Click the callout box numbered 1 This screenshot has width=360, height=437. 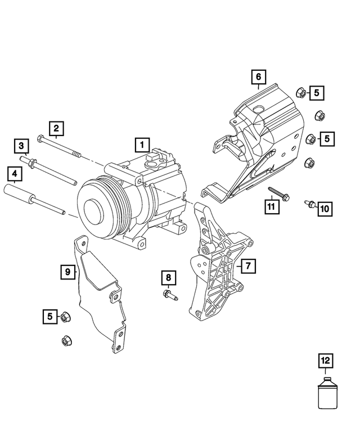[x=142, y=145]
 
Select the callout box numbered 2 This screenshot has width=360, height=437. [x=56, y=129]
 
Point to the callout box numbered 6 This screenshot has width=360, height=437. [x=258, y=76]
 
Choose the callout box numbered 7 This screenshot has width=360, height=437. [x=247, y=264]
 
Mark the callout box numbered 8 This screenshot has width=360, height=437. [x=168, y=277]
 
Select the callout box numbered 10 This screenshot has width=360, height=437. [x=325, y=209]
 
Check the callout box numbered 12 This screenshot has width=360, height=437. [x=325, y=359]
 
